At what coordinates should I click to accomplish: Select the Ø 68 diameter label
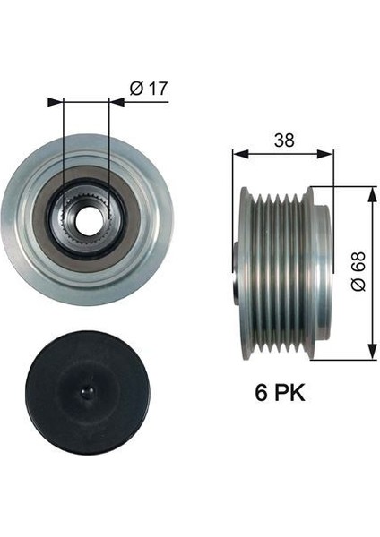pyautogui.click(x=358, y=268)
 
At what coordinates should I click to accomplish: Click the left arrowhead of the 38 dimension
pyautogui.click(x=237, y=153)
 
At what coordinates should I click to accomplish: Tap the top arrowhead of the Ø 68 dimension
pyautogui.click(x=370, y=191)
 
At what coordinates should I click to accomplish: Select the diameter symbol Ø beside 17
pyautogui.click(x=134, y=88)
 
